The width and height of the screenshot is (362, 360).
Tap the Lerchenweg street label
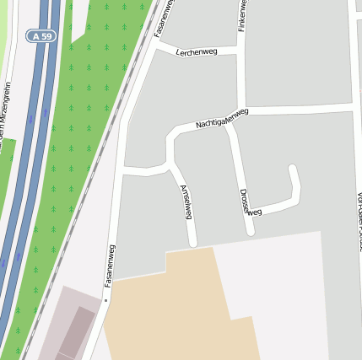[x=197, y=52]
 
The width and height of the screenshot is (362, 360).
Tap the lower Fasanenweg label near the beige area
[x=110, y=265]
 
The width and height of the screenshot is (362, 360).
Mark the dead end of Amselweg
[x=193, y=244]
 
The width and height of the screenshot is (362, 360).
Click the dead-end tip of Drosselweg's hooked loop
[x=292, y=168]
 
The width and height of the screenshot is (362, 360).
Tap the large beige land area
[x=169, y=312]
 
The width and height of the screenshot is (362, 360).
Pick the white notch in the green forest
[x=78, y=25]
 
